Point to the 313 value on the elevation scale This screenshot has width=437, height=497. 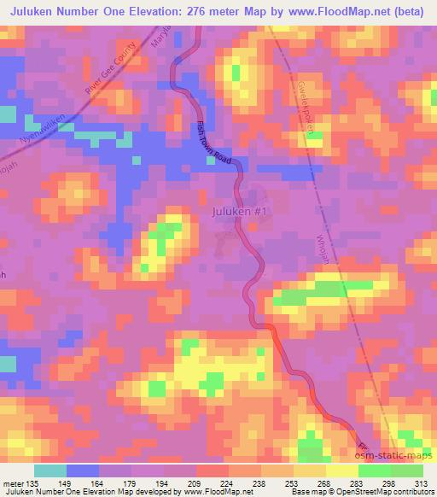pos(422,484)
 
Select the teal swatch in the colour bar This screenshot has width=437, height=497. pos(50,471)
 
